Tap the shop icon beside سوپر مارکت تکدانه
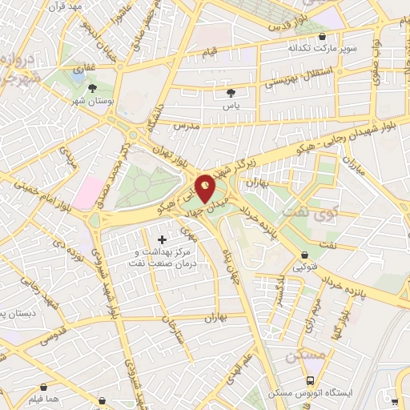(x=322, y=36)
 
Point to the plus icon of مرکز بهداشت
(x=163, y=239)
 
